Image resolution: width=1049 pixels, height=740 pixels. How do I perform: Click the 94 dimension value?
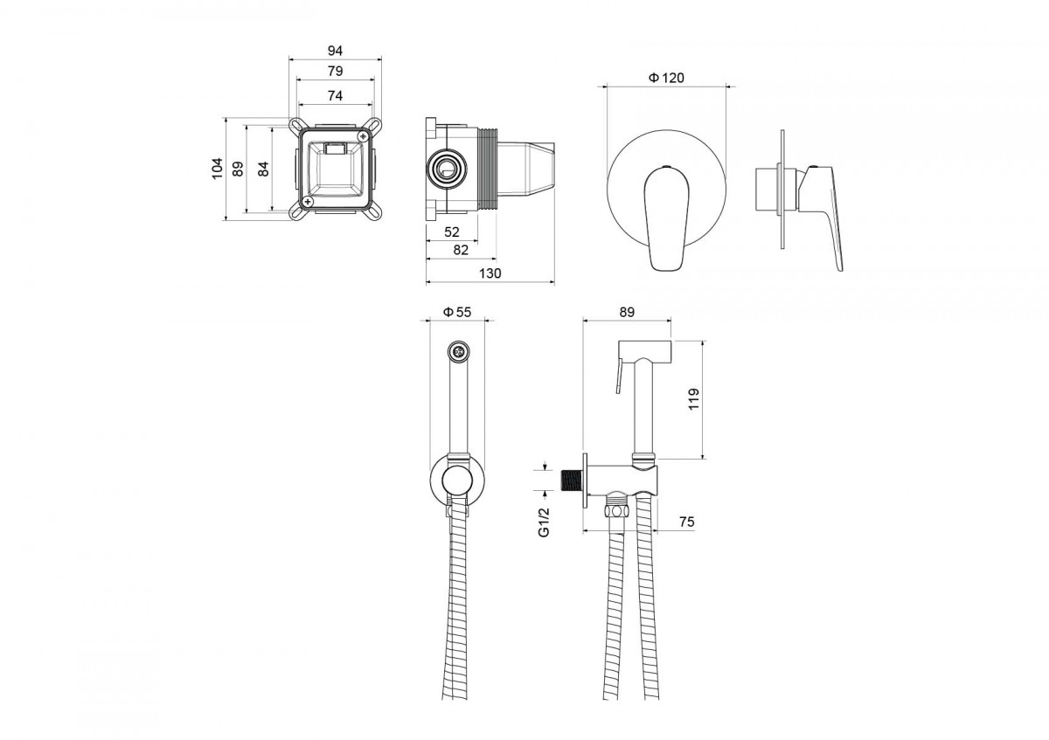tap(335, 51)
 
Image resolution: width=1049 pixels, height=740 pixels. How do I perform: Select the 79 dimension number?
tap(336, 71)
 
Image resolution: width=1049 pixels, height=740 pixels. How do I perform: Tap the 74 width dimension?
tap(336, 96)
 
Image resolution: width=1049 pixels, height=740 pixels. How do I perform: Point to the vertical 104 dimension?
tap(218, 169)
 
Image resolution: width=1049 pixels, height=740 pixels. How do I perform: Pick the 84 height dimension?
tap(264, 169)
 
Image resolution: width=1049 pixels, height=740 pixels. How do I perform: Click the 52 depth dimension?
tap(452, 232)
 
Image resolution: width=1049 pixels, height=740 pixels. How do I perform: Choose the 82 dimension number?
tap(461, 250)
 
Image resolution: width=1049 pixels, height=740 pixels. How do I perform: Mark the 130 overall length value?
tap(490, 273)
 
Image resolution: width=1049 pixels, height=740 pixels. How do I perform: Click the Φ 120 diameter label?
tap(666, 78)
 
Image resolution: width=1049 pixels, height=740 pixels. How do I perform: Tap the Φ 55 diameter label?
tap(457, 312)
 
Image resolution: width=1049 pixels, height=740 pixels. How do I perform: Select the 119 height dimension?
tap(693, 399)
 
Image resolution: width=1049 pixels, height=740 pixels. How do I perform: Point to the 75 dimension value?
tap(686, 522)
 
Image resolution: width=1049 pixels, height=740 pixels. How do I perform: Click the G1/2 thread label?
tap(544, 522)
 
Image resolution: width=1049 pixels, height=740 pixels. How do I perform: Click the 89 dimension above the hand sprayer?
tap(627, 312)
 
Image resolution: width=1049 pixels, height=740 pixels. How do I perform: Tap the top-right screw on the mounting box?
tap(363, 135)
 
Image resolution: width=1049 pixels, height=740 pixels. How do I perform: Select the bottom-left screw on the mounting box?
tap(308, 201)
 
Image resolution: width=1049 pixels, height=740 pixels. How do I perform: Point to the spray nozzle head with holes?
tap(458, 350)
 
